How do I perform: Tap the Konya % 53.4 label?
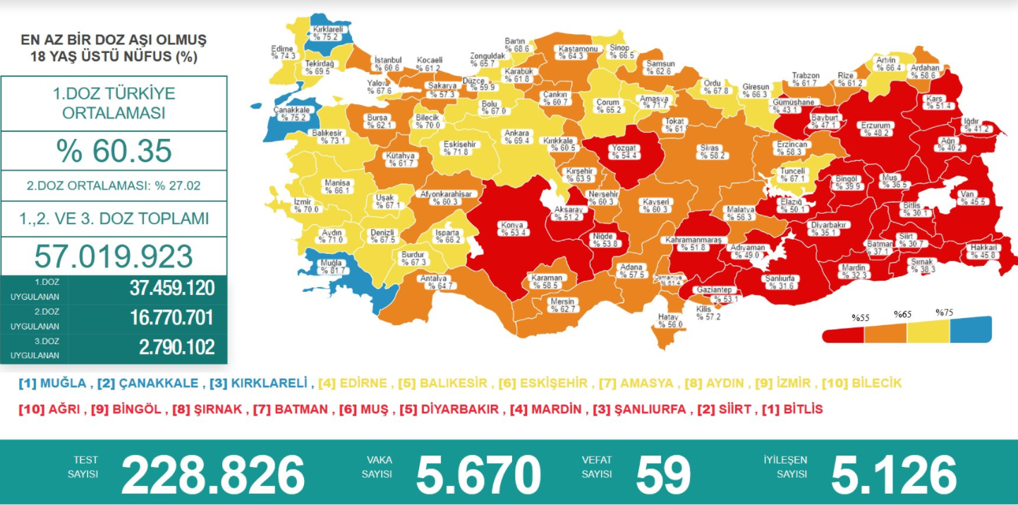point(512,229)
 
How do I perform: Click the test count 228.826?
point(212,474)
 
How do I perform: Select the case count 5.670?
point(478,474)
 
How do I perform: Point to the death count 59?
point(662,474)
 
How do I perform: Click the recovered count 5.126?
point(894,474)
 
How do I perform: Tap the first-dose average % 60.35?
point(114,151)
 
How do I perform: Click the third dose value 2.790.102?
point(171,347)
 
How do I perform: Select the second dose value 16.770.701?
point(171,317)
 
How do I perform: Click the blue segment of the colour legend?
point(971,329)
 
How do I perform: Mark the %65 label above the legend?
point(902,315)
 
